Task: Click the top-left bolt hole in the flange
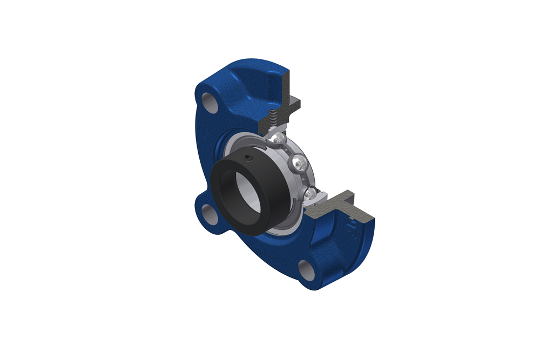(209, 101)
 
